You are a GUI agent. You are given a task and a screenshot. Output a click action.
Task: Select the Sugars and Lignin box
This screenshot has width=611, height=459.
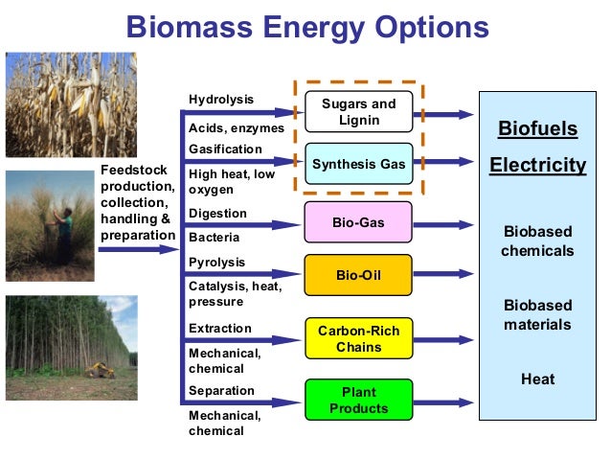click(358, 112)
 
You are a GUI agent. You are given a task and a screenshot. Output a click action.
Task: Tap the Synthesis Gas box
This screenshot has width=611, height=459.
click(358, 165)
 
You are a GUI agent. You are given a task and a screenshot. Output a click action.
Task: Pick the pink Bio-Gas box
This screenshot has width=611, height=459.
click(358, 222)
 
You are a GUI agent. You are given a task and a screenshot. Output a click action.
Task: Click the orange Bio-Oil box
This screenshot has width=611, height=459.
click(358, 275)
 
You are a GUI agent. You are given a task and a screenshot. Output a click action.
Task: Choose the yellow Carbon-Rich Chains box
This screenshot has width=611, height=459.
click(358, 338)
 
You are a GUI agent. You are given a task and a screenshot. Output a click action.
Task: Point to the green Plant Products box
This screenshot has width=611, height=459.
click(358, 401)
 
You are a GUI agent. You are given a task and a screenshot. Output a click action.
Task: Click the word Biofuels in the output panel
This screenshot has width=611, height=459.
click(537, 129)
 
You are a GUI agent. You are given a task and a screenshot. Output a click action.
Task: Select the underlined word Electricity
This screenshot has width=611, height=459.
click(537, 165)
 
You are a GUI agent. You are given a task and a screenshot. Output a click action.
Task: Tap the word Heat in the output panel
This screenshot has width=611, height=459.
click(537, 379)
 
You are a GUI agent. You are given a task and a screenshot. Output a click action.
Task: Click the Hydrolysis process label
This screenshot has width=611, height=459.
click(221, 100)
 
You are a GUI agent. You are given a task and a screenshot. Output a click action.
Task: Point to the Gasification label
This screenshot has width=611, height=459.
click(225, 149)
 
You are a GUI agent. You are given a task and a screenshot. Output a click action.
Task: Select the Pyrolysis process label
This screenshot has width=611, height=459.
click(217, 262)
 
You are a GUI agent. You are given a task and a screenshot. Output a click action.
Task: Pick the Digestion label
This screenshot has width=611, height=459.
click(218, 213)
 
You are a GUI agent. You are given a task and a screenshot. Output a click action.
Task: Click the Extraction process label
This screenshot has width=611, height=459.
click(220, 328)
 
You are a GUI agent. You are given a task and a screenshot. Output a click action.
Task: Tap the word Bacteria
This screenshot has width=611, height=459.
click(215, 237)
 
